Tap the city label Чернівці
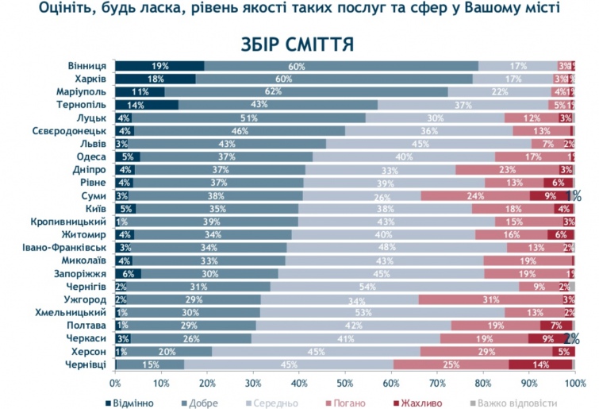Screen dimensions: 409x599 pos(86,364)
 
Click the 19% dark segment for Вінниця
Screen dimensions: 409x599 pos(159,66)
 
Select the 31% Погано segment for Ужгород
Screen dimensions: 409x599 pos(490,299)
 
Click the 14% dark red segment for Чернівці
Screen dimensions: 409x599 pos(540,364)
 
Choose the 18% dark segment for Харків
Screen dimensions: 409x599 pos(156,79)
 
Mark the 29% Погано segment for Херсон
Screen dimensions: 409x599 pos(487,351)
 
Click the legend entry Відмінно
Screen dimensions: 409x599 pos(132,402)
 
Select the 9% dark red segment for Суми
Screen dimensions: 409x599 pos(549,195)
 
